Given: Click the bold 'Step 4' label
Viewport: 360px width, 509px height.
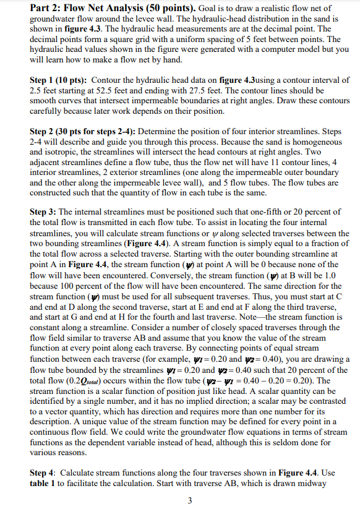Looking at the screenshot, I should pyautogui.click(x=45, y=474).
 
